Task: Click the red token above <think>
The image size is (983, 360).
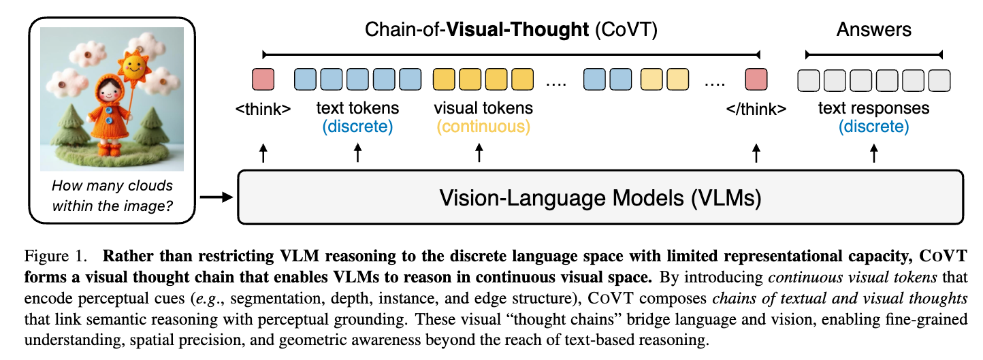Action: (263, 80)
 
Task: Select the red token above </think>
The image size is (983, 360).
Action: (756, 80)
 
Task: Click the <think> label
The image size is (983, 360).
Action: (263, 109)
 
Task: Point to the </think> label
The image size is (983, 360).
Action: (756, 109)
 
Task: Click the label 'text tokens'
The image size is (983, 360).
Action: (358, 108)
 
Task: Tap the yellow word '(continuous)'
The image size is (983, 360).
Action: (483, 127)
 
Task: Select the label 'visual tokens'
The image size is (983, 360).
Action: (483, 108)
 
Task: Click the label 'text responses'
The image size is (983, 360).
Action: (873, 108)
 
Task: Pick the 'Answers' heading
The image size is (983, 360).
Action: (874, 29)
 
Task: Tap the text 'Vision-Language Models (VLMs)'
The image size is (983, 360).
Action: (600, 198)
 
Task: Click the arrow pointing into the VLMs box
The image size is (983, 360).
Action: (217, 198)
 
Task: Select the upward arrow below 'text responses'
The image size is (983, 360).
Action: (874, 154)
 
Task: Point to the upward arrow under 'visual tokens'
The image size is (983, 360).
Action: (479, 154)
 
